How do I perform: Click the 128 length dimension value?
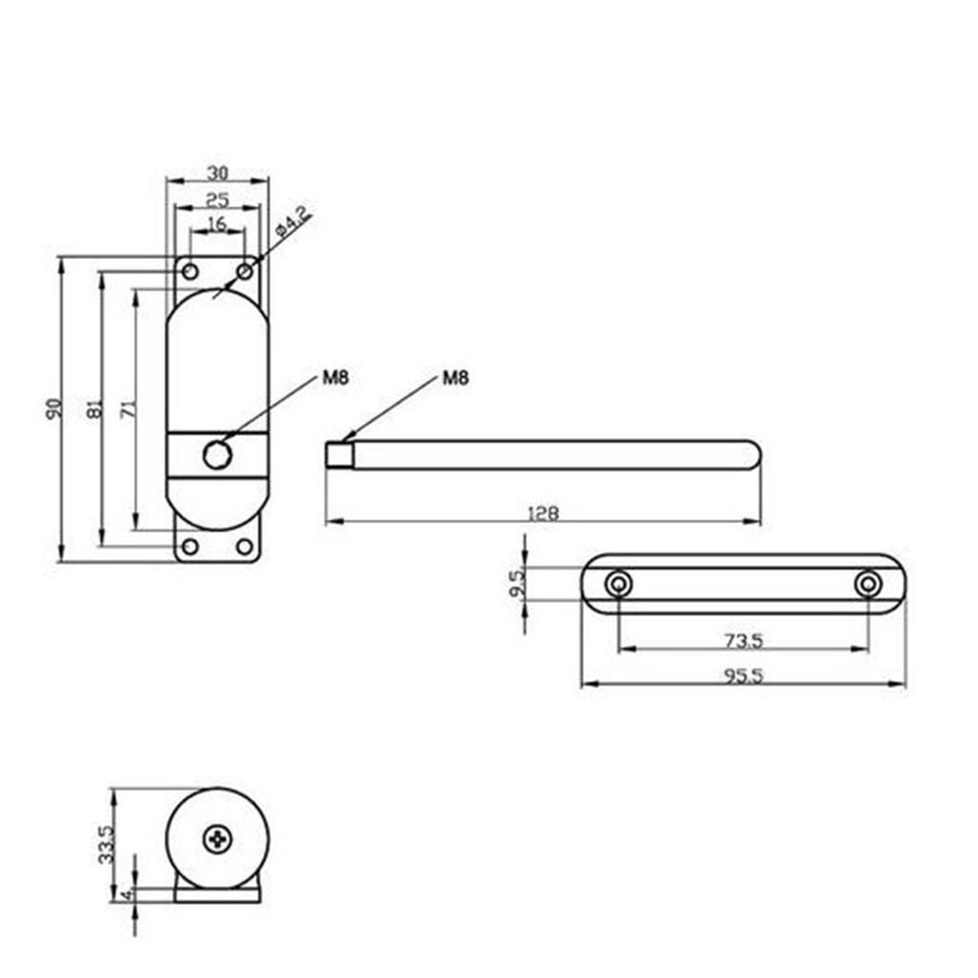[x=543, y=513]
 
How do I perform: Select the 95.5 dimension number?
[x=743, y=676]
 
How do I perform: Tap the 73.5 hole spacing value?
[x=743, y=641]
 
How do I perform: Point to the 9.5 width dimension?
[x=518, y=584]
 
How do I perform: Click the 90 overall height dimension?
[x=54, y=409]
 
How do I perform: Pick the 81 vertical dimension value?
[x=95, y=409]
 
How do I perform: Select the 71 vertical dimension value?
[x=129, y=409]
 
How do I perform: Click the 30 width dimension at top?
[x=217, y=172]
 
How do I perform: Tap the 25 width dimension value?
[x=217, y=200]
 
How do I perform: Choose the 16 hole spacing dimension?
[x=217, y=223]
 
